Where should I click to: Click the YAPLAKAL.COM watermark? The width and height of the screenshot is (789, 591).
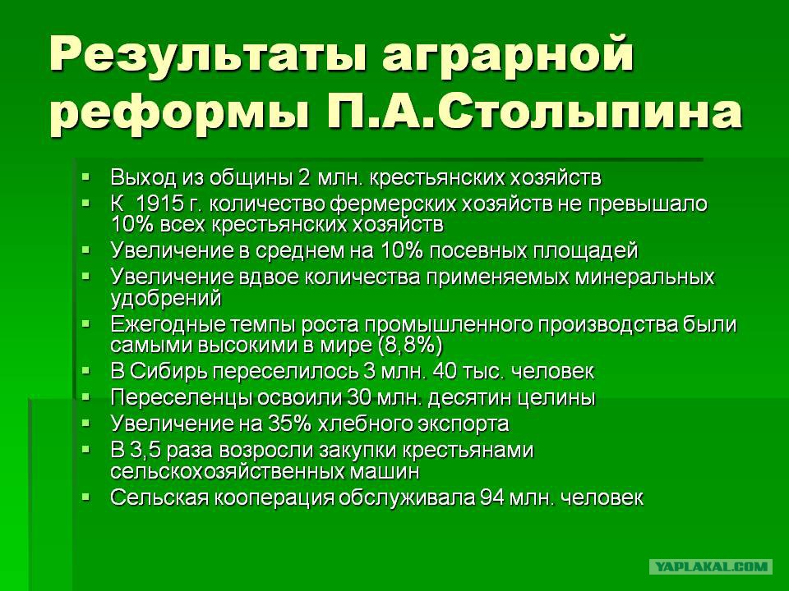coord(711,567)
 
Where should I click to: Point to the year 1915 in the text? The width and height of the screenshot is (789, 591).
coord(160,204)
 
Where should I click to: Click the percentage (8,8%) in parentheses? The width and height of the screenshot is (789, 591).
coord(409,346)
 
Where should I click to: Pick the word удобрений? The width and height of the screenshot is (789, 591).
coord(165,299)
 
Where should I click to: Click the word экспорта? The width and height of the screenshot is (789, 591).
coord(463,424)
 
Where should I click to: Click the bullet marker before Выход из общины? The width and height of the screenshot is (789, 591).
coord(86,177)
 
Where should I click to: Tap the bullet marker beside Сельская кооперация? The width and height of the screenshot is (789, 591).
coord(86,497)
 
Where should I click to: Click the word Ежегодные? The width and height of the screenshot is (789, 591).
coord(168,325)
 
